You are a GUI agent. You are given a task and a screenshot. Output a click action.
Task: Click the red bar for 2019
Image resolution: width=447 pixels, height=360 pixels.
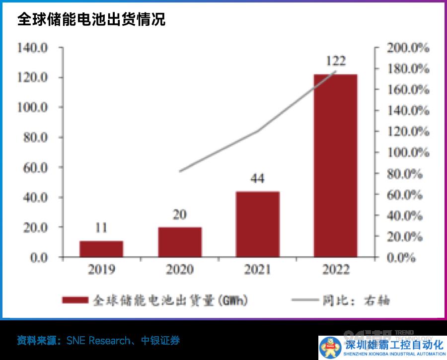(x=101, y=249)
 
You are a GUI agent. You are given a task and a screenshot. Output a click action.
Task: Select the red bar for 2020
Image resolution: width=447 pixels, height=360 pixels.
(x=180, y=242)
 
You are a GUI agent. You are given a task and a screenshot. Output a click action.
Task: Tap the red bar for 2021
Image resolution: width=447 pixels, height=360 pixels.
(x=258, y=224)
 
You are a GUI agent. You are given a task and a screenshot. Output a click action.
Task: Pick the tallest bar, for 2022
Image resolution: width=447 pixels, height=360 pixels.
(x=336, y=166)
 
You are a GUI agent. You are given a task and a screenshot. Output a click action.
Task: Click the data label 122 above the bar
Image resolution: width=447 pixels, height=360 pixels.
(x=336, y=61)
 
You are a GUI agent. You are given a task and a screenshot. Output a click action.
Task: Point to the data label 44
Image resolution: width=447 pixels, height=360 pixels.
(x=257, y=179)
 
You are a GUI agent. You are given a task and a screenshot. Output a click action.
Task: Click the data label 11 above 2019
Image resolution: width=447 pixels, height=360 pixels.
(x=101, y=228)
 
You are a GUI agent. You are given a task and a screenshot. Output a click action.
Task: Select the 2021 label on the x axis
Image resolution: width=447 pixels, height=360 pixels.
(x=258, y=270)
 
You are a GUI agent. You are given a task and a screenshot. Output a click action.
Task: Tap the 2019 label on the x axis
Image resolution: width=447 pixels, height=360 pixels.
(x=101, y=270)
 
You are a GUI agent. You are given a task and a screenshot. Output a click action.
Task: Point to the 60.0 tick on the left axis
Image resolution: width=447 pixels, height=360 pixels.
(x=35, y=168)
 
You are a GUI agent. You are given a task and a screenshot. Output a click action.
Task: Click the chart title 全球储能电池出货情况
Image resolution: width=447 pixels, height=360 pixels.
(x=91, y=19)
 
